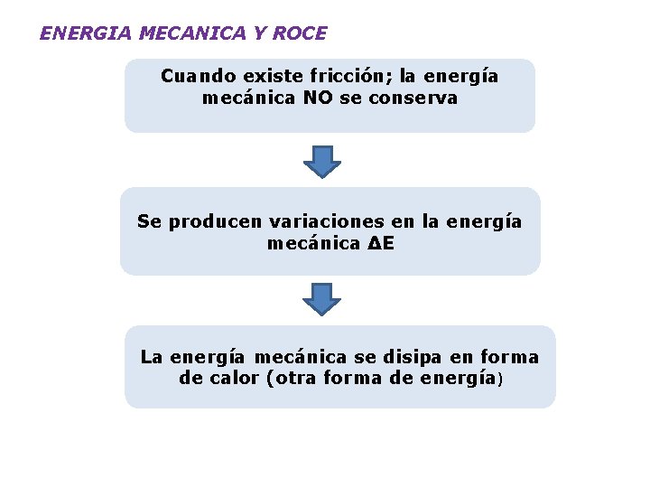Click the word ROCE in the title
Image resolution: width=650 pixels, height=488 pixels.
[x=302, y=34]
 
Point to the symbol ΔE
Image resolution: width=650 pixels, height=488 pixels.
[x=382, y=244]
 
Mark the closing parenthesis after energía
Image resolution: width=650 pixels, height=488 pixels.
[x=499, y=380]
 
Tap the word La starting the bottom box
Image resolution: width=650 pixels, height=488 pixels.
[x=151, y=357]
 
